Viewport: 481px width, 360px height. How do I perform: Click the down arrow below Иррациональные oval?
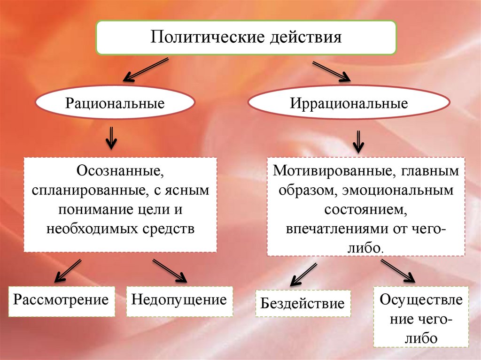tap(358, 141)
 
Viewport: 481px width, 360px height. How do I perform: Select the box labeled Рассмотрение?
tap(61, 301)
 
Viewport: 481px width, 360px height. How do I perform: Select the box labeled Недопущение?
tap(179, 301)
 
